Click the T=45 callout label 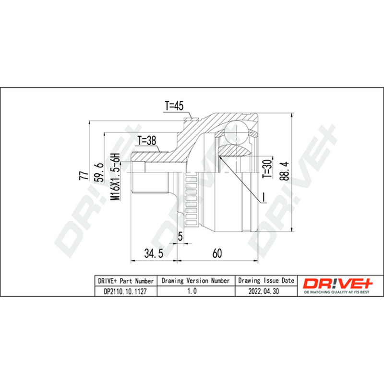click(174, 106)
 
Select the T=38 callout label click(147, 141)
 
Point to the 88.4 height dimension click(285, 171)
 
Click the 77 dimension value click(84, 175)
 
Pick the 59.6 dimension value click(100, 172)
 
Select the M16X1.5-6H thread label click(115, 177)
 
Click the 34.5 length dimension click(154, 253)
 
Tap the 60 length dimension click(217, 253)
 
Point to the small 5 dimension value click(180, 236)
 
